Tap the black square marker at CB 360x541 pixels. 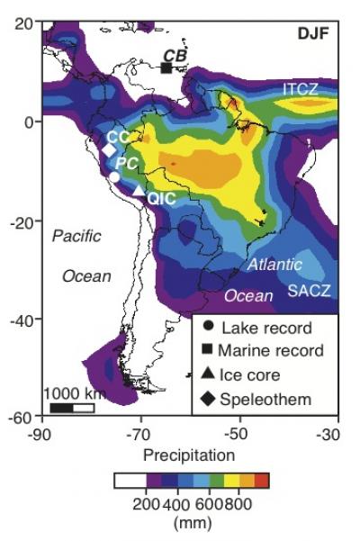[166, 68]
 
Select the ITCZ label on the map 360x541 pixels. [301, 89]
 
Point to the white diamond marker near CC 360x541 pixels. [110, 150]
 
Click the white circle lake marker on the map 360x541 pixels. [114, 177]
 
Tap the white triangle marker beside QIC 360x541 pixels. [139, 190]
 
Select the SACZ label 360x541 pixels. [309, 291]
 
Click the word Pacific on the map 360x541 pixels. [76, 236]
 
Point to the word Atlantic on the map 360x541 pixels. [275, 266]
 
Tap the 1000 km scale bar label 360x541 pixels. [74, 393]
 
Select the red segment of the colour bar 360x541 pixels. [263, 481]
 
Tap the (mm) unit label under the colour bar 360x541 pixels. [191, 521]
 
